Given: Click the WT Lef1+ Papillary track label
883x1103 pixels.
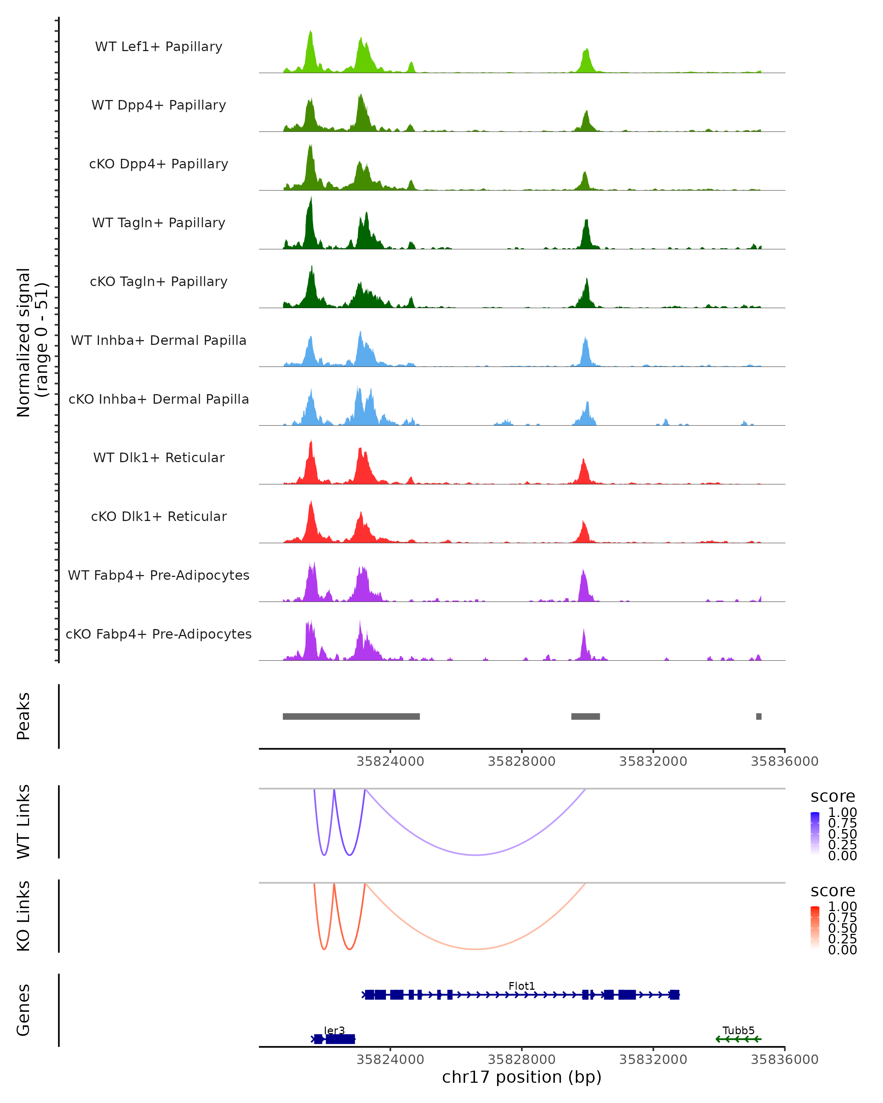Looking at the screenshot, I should [x=159, y=47].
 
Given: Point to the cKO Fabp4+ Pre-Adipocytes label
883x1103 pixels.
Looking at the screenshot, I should [x=159, y=634].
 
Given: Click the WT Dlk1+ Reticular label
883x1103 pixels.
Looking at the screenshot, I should [x=159, y=457].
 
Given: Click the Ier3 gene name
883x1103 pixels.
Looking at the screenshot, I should [x=334, y=1030].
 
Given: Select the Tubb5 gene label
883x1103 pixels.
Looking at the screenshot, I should [x=738, y=1030].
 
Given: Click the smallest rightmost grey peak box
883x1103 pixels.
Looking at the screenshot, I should [x=759, y=716].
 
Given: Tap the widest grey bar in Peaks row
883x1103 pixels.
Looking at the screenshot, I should [x=351, y=716].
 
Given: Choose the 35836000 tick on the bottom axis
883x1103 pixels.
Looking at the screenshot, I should [x=784, y=1060].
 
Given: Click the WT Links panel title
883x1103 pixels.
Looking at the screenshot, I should [x=24, y=822].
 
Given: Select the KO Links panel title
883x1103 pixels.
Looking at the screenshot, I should [x=24, y=916].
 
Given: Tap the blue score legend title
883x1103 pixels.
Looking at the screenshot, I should [x=832, y=797].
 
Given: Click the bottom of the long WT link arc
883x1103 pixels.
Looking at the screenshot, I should [x=476, y=855].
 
